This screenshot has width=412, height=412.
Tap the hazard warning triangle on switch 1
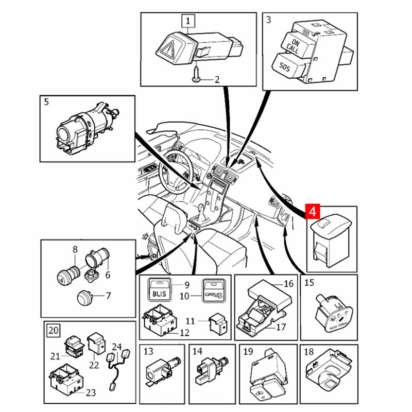coord(169,50)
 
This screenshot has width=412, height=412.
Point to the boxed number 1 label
coord(188,21)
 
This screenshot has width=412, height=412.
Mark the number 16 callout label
coord(288,284)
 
